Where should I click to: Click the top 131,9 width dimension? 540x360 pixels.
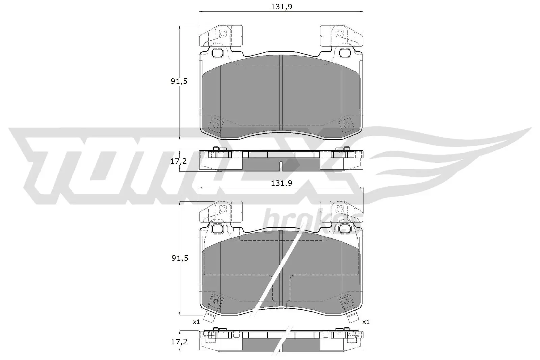coord(281,6)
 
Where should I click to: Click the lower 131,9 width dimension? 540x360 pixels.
coord(281,183)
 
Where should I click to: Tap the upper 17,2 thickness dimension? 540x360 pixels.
coord(179,161)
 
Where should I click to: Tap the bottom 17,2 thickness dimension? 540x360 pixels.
coord(179,341)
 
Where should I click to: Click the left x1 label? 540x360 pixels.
coord(196,322)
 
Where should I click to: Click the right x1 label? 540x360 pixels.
coord(366,322)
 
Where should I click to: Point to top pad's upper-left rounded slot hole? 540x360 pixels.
coord(218,53)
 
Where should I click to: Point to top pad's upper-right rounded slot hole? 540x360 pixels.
coord(345,53)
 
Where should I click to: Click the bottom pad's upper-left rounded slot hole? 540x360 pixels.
coord(218,229)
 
